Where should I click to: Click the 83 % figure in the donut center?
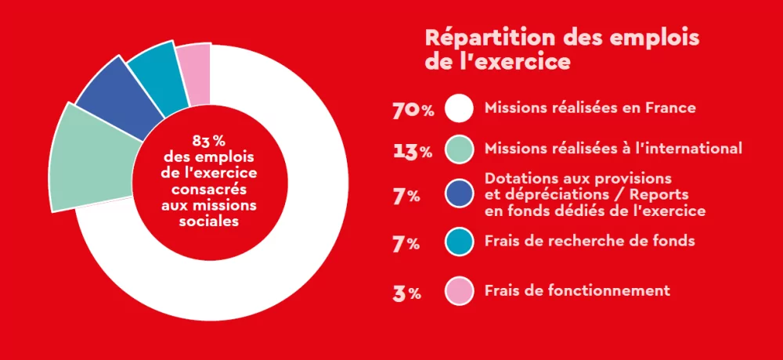[209, 141]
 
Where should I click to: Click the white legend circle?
[459, 109]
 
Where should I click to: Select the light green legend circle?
[459, 149]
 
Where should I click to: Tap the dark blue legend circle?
[459, 195]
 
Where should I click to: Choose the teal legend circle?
[459, 242]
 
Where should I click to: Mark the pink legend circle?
[459, 291]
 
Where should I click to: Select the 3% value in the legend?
[407, 294]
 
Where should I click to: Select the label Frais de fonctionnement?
[577, 290]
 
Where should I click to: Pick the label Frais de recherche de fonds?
[590, 241]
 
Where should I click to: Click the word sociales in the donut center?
[209, 221]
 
